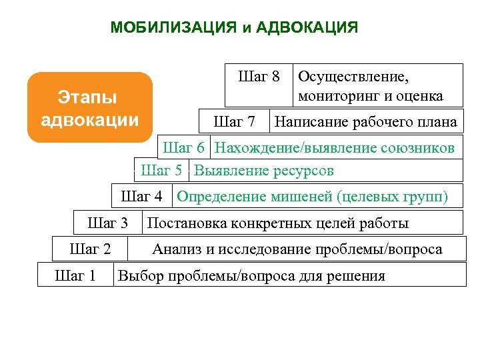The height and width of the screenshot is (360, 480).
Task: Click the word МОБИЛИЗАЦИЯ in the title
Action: click(173, 27)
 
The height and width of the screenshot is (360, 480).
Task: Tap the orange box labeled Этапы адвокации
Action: click(90, 108)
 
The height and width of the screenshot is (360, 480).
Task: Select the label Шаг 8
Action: click(259, 76)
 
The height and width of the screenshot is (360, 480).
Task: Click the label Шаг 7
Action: click(233, 122)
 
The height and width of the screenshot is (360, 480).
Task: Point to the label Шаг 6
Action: click(183, 147)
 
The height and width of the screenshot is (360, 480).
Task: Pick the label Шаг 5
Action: click(161, 171)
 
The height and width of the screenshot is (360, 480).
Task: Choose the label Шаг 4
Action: click(141, 197)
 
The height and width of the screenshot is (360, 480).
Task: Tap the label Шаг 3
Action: click(107, 223)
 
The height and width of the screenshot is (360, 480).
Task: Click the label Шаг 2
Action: click(90, 249)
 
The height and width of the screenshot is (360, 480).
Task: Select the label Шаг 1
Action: click(75, 275)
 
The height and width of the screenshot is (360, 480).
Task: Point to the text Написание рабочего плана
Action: click(366, 122)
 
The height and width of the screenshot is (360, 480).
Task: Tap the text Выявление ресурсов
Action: click(264, 171)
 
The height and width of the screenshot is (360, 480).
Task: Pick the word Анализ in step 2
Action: click(175, 249)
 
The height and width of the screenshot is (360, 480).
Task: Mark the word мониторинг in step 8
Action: click(336, 96)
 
